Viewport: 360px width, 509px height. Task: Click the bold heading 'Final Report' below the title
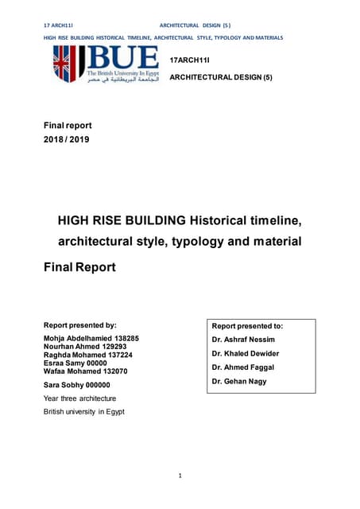79,267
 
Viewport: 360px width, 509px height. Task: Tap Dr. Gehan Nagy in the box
240,382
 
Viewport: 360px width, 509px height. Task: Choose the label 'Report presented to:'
248,325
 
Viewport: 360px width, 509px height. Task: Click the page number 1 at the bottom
180,476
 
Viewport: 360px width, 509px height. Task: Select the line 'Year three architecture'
79,398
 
